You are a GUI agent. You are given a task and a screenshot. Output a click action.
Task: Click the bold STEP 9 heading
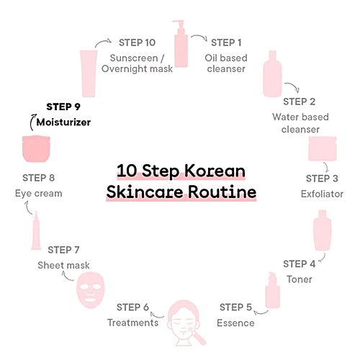pos(63,107)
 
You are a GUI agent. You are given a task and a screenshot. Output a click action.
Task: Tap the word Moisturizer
pos(63,122)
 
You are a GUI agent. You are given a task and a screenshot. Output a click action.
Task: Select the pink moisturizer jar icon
pos(36,148)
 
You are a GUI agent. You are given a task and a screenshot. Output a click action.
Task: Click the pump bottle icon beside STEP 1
pos(181,43)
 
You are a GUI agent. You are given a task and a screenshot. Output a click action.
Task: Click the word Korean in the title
pos(215,171)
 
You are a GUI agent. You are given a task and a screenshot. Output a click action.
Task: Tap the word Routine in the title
pos(222,192)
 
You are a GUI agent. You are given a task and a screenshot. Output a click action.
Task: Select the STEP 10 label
pos(138,42)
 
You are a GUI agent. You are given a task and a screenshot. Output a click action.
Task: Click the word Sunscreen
pos(134,58)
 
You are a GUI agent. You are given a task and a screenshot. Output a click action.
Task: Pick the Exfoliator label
pos(322,194)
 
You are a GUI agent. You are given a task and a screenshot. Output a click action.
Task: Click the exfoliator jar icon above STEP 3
pos(323,148)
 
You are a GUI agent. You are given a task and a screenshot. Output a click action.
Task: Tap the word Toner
pos(300,279)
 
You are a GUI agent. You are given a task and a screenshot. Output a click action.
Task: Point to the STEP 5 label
pos(235,307)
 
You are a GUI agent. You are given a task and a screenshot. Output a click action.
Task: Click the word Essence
pos(235,323)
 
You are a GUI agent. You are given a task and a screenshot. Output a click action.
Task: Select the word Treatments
pos(133,323)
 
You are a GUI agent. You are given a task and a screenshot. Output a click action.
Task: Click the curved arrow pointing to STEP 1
pos(199,37)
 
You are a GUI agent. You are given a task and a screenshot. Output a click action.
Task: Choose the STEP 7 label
pos(63,250)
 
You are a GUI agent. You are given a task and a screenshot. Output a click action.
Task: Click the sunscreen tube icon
pos(89,73)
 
